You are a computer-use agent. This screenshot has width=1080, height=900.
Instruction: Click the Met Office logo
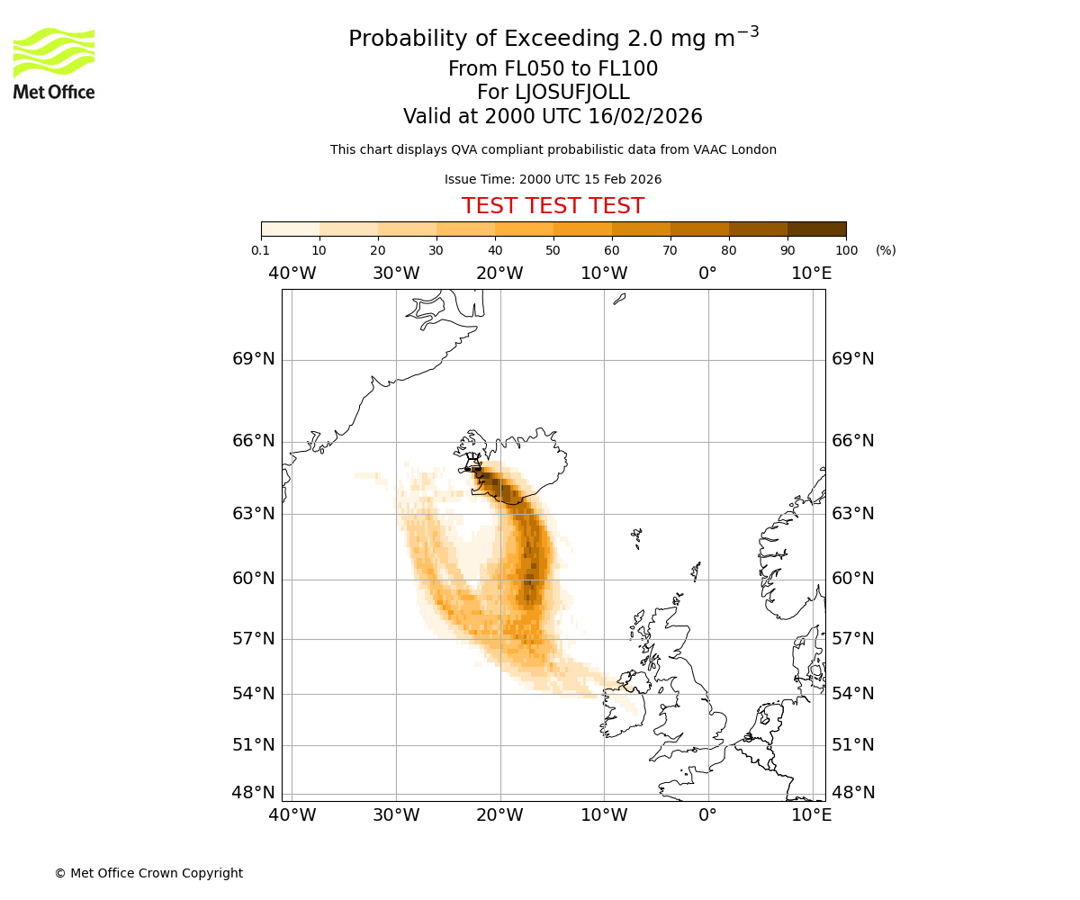[54, 63]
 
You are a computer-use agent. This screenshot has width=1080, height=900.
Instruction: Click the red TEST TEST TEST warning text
[553, 206]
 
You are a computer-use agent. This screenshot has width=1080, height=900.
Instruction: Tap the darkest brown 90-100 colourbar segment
[816, 229]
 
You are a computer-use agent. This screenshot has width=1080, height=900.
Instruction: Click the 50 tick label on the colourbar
[553, 250]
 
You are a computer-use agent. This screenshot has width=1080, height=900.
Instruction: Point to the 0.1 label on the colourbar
[260, 250]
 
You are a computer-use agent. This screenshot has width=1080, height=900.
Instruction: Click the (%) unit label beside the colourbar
[886, 250]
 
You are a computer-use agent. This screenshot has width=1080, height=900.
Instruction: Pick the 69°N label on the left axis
[254, 359]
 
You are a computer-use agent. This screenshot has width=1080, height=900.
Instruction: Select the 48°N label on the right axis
[853, 793]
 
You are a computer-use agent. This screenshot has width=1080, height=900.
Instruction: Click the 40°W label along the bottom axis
[292, 815]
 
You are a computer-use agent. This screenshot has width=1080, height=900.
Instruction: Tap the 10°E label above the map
[812, 274]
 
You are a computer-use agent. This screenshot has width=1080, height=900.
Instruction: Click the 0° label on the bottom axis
[708, 815]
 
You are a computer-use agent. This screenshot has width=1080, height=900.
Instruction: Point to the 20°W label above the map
[499, 274]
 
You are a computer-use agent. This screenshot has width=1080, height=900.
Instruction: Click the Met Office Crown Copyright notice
[148, 873]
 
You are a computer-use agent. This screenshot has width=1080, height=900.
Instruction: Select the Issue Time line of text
[553, 179]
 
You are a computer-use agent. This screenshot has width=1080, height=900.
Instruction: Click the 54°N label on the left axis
[254, 694]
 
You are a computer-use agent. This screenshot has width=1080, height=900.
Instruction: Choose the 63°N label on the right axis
[853, 514]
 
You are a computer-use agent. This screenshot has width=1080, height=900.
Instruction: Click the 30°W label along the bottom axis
[396, 815]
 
